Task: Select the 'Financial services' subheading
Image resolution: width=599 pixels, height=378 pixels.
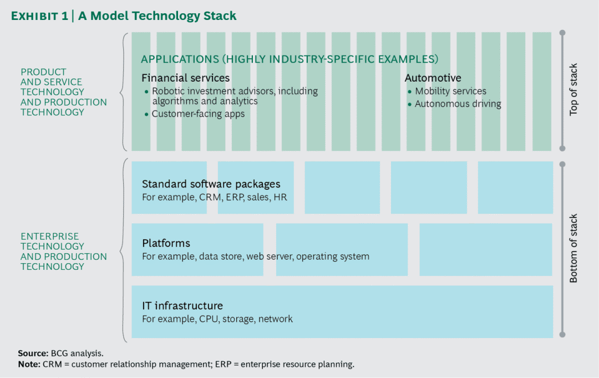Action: pyautogui.click(x=185, y=78)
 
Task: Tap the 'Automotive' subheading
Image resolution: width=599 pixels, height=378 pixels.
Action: pyautogui.click(x=433, y=78)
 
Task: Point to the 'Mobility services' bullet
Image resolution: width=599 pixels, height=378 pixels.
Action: pyautogui.click(x=450, y=91)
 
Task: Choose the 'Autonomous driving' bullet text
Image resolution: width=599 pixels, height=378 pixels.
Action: pyautogui.click(x=458, y=104)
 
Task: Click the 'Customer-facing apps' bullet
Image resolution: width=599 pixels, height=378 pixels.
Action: pyautogui.click(x=198, y=114)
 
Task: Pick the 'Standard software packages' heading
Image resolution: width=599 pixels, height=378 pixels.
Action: pyautogui.click(x=211, y=184)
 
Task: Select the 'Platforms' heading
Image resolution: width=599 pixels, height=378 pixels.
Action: pyautogui.click(x=166, y=243)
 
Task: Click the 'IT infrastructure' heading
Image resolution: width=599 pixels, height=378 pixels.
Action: pyautogui.click(x=182, y=306)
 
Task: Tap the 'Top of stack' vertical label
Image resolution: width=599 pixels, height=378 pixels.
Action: pyautogui.click(x=573, y=90)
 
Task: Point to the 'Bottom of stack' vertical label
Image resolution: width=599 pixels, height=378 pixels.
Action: pyautogui.click(x=573, y=248)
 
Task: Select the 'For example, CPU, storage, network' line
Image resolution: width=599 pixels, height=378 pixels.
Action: pyautogui.click(x=217, y=319)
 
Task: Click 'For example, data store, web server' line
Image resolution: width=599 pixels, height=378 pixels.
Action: pyautogui.click(x=255, y=256)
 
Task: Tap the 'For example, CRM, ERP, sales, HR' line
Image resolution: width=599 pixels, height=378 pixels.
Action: pyautogui.click(x=214, y=197)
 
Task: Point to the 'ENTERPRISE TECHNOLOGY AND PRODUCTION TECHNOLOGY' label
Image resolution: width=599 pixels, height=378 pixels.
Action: pyautogui.click(x=63, y=251)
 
